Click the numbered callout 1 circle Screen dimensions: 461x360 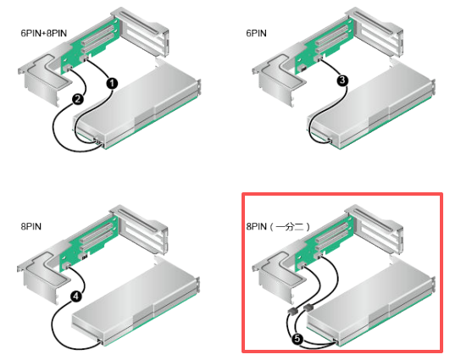click(112, 84)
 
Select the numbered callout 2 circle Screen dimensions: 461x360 click(78, 99)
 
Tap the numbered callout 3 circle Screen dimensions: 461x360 click(342, 80)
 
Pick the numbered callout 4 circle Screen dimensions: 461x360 click(76, 296)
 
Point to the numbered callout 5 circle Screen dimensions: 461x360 click(297, 339)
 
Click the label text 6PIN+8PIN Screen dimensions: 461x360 click(44, 33)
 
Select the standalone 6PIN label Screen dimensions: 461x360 click(257, 33)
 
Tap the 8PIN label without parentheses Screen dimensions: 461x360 click(31, 226)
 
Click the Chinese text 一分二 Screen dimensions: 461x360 click(290, 226)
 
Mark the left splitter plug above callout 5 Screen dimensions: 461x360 click(292, 311)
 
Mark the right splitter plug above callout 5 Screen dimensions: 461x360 click(308, 307)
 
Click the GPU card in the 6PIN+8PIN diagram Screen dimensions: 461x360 click(137, 108)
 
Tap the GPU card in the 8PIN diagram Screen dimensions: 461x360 click(136, 305)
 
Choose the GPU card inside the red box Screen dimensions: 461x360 click(371, 305)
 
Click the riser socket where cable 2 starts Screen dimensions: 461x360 click(68, 69)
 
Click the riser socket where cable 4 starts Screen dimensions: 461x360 click(67, 266)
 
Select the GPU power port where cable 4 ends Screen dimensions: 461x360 click(100, 341)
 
